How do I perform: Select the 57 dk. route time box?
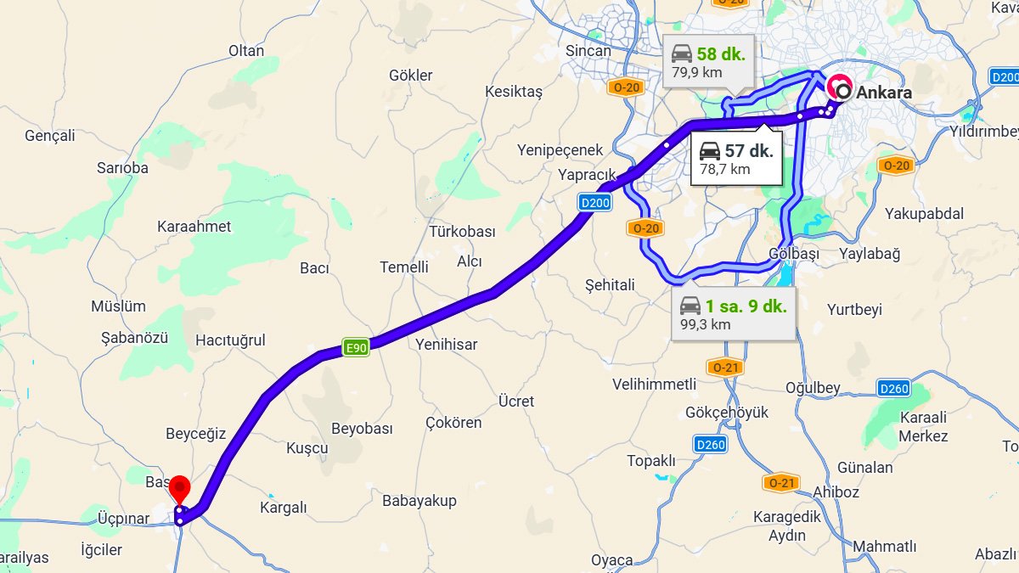click(x=735, y=158)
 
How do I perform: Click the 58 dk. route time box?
click(x=707, y=62)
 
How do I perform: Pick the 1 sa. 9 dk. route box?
click(x=733, y=313)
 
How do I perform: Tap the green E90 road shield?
click(x=355, y=346)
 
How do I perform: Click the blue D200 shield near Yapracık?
click(x=595, y=202)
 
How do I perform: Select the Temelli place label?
click(x=404, y=267)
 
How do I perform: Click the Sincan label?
click(x=588, y=50)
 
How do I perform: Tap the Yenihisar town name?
click(x=447, y=345)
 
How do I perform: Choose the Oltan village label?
click(x=246, y=50)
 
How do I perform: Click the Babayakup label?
click(x=419, y=500)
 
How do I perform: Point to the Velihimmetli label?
click(x=655, y=385)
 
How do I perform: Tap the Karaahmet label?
click(x=194, y=227)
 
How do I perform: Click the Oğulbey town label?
click(x=813, y=388)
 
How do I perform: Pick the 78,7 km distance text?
click(x=724, y=169)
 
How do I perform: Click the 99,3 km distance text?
click(x=705, y=323)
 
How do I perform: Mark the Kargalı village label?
click(x=283, y=508)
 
